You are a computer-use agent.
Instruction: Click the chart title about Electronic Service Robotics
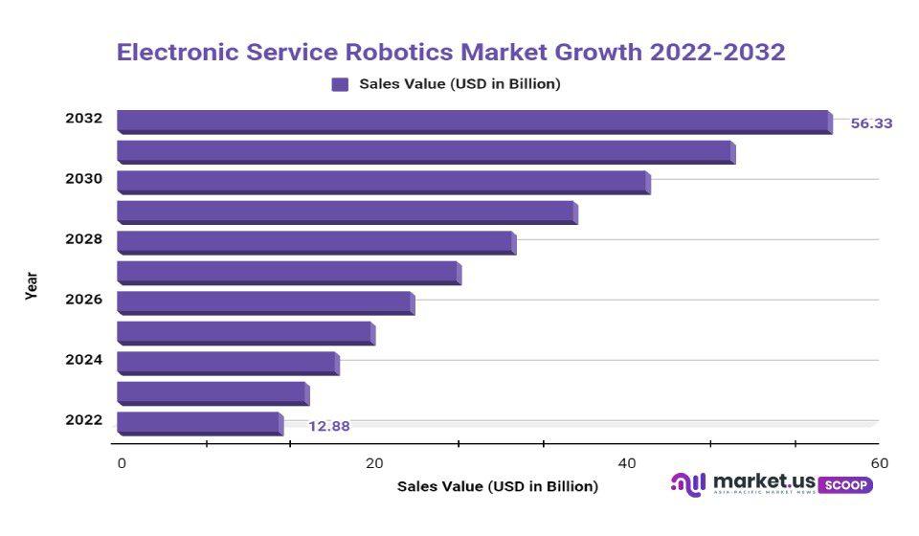451,52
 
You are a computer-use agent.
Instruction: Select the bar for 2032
474,122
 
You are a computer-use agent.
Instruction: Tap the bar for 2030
383,182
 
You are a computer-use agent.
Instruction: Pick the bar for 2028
316,242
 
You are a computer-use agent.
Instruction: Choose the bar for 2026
265,302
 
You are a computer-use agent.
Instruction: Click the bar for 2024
228,363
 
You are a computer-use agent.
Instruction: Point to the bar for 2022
199,423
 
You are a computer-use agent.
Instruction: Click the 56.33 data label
871,123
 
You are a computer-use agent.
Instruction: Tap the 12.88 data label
328,426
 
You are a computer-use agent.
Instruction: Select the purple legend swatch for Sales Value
340,84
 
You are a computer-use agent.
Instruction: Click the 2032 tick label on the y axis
83,119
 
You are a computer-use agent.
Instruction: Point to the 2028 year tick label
83,238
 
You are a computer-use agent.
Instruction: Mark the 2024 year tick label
83,360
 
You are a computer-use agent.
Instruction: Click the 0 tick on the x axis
122,463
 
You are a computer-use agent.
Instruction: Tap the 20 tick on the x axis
374,463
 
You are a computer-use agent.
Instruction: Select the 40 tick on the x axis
627,463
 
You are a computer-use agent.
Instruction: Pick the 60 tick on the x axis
880,463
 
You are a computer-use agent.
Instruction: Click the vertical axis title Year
32,286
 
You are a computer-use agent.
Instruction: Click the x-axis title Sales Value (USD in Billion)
498,486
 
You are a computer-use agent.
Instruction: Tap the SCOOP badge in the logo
845,484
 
